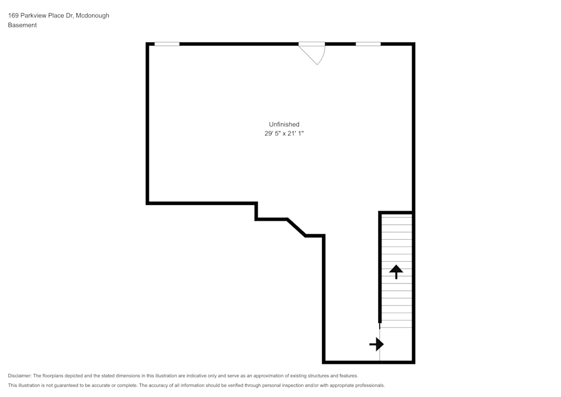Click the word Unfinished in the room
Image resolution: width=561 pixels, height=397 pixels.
point(284,124)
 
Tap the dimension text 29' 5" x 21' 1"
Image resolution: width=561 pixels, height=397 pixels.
point(284,134)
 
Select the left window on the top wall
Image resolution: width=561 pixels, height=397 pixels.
point(167,44)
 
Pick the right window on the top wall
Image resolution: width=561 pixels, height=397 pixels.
point(368,44)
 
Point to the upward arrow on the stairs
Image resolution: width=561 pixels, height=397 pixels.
point(396,272)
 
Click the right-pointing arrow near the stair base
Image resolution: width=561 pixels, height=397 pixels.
point(376,344)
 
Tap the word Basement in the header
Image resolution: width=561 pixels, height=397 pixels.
point(22,25)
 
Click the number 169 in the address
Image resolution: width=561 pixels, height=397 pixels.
point(13,16)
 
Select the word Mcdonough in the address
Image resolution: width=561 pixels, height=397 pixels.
point(93,16)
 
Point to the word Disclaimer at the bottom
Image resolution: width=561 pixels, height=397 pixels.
point(20,376)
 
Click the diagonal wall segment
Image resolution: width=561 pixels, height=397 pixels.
point(297,227)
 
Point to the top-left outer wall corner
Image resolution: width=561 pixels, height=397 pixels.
point(148,44)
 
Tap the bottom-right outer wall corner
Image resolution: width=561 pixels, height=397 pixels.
point(413,362)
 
